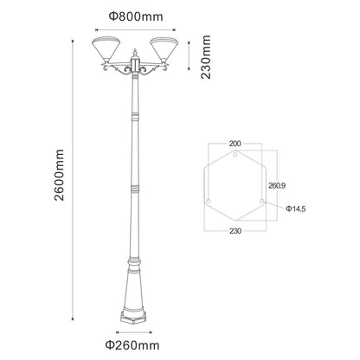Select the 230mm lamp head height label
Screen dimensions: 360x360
pyautogui.click(x=206, y=56)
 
